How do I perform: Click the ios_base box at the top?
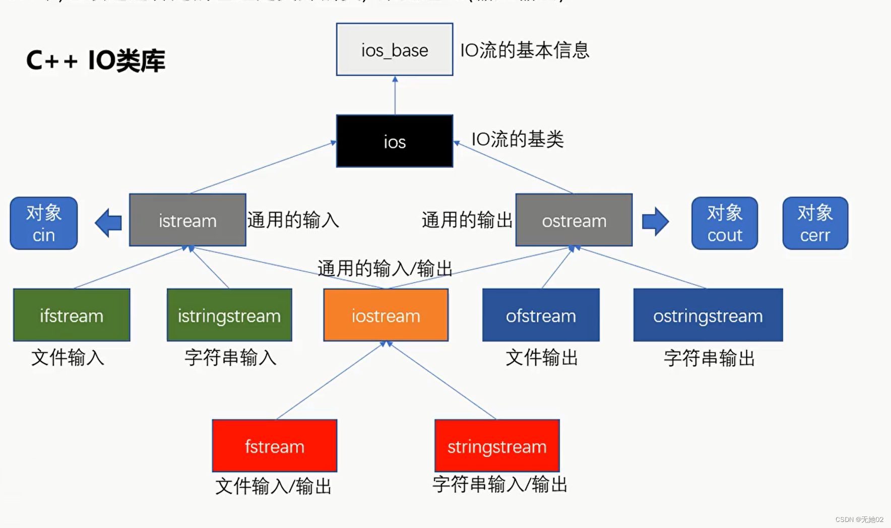pyautogui.click(x=394, y=49)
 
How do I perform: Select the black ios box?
pyautogui.click(x=394, y=141)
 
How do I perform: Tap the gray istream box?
pyautogui.click(x=187, y=220)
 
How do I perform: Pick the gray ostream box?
pyautogui.click(x=574, y=220)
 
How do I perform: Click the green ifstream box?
pyautogui.click(x=72, y=315)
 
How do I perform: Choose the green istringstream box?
pyautogui.click(x=229, y=315)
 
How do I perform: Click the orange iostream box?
pyautogui.click(x=386, y=315)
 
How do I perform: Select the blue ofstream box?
pyautogui.click(x=541, y=315)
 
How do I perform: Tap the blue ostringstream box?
pyautogui.click(x=708, y=315)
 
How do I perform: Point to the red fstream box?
pyautogui.click(x=274, y=445)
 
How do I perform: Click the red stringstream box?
pyautogui.click(x=497, y=445)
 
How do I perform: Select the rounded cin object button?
pyautogui.click(x=44, y=223)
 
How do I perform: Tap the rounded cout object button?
pyautogui.click(x=724, y=223)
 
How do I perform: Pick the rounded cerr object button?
pyautogui.click(x=815, y=223)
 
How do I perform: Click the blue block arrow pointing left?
pyautogui.click(x=109, y=222)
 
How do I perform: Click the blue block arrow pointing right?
pyautogui.click(x=655, y=221)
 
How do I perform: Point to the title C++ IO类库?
pyautogui.click(x=95, y=60)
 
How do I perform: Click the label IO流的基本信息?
pyautogui.click(x=525, y=50)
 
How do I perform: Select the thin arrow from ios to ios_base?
pyautogui.click(x=395, y=96)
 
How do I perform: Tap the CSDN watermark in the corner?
pyautogui.click(x=859, y=519)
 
